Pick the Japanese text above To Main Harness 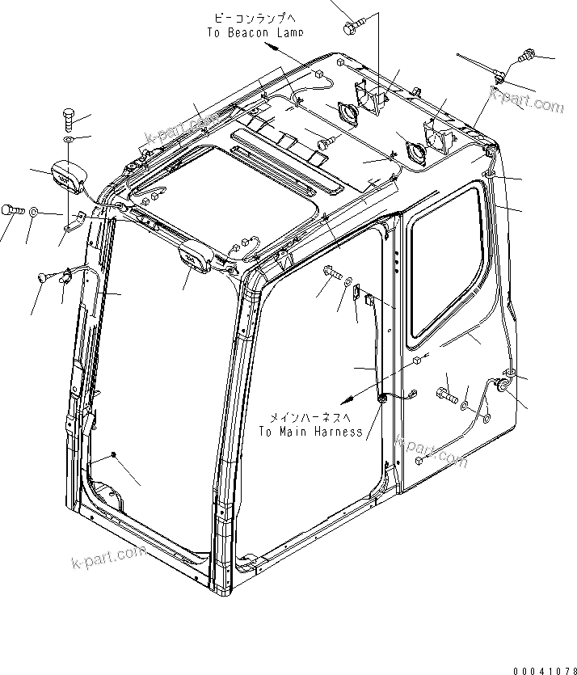(x=310, y=417)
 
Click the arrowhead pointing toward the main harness (x=344, y=399)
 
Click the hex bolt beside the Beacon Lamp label (x=352, y=27)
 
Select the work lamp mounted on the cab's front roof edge (x=197, y=258)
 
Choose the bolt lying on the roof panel (x=326, y=142)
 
